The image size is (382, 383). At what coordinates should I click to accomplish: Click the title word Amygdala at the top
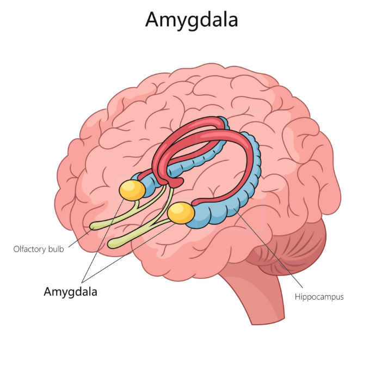(x=191, y=20)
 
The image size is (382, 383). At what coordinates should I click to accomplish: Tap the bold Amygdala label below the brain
(x=70, y=291)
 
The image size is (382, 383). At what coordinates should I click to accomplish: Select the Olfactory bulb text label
(x=39, y=249)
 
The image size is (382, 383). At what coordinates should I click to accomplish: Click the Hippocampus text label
(x=319, y=297)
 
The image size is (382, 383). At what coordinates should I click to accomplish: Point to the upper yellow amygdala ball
(x=132, y=190)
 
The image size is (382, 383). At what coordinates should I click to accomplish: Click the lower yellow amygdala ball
(x=181, y=213)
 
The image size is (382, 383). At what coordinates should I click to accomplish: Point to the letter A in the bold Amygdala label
(x=48, y=291)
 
